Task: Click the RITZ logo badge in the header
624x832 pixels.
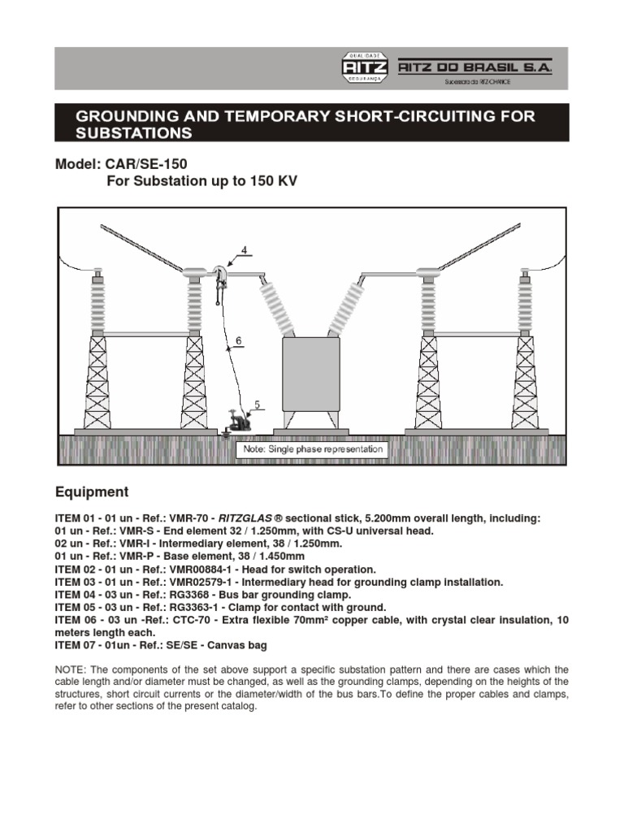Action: click(x=366, y=68)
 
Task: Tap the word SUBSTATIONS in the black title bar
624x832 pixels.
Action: click(x=134, y=132)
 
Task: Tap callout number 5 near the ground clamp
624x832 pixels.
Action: click(x=257, y=403)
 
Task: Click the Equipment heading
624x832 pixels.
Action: click(x=91, y=492)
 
